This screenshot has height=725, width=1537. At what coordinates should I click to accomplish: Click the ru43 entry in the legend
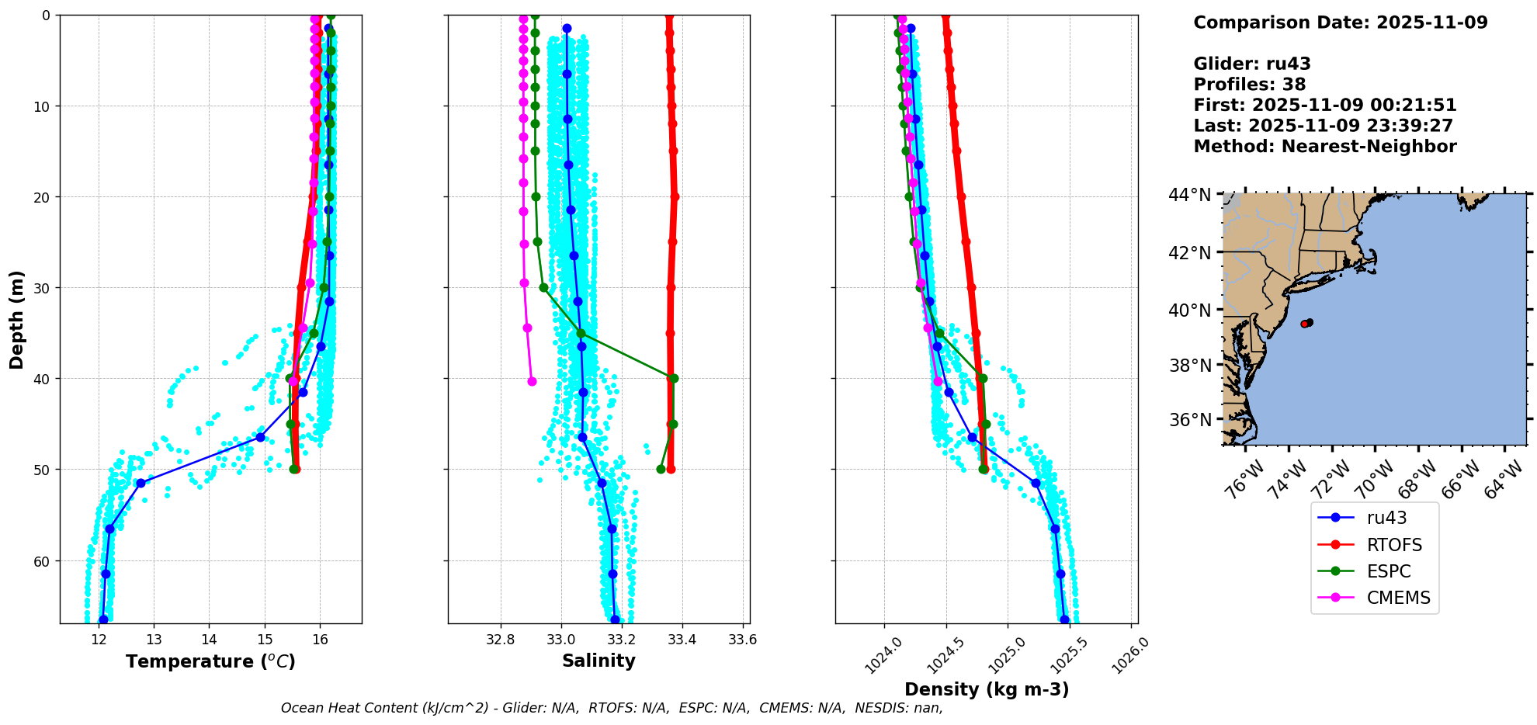click(1386, 518)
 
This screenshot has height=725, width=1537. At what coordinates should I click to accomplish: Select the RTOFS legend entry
click(1394, 545)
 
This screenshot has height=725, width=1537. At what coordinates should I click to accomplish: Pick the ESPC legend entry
click(1388, 571)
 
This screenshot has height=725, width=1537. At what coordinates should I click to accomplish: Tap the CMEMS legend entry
click(1398, 598)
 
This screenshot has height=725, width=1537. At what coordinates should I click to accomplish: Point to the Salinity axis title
click(598, 661)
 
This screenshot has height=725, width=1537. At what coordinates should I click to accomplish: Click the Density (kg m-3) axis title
click(987, 689)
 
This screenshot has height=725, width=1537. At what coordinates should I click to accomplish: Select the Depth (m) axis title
click(17, 319)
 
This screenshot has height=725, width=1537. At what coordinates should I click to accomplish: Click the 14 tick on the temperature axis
click(210, 640)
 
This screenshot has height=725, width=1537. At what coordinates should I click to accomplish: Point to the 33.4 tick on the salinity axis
click(682, 640)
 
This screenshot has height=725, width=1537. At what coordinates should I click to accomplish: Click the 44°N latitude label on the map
click(1189, 195)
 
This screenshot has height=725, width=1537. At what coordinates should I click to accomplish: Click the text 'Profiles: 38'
click(1249, 85)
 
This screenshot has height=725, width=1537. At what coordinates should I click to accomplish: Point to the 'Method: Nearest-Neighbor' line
click(1324, 147)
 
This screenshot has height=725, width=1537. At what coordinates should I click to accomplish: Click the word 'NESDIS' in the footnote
click(881, 708)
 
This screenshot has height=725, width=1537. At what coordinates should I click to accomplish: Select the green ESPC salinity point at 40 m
click(673, 379)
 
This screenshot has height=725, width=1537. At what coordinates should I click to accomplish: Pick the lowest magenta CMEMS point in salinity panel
click(532, 381)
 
